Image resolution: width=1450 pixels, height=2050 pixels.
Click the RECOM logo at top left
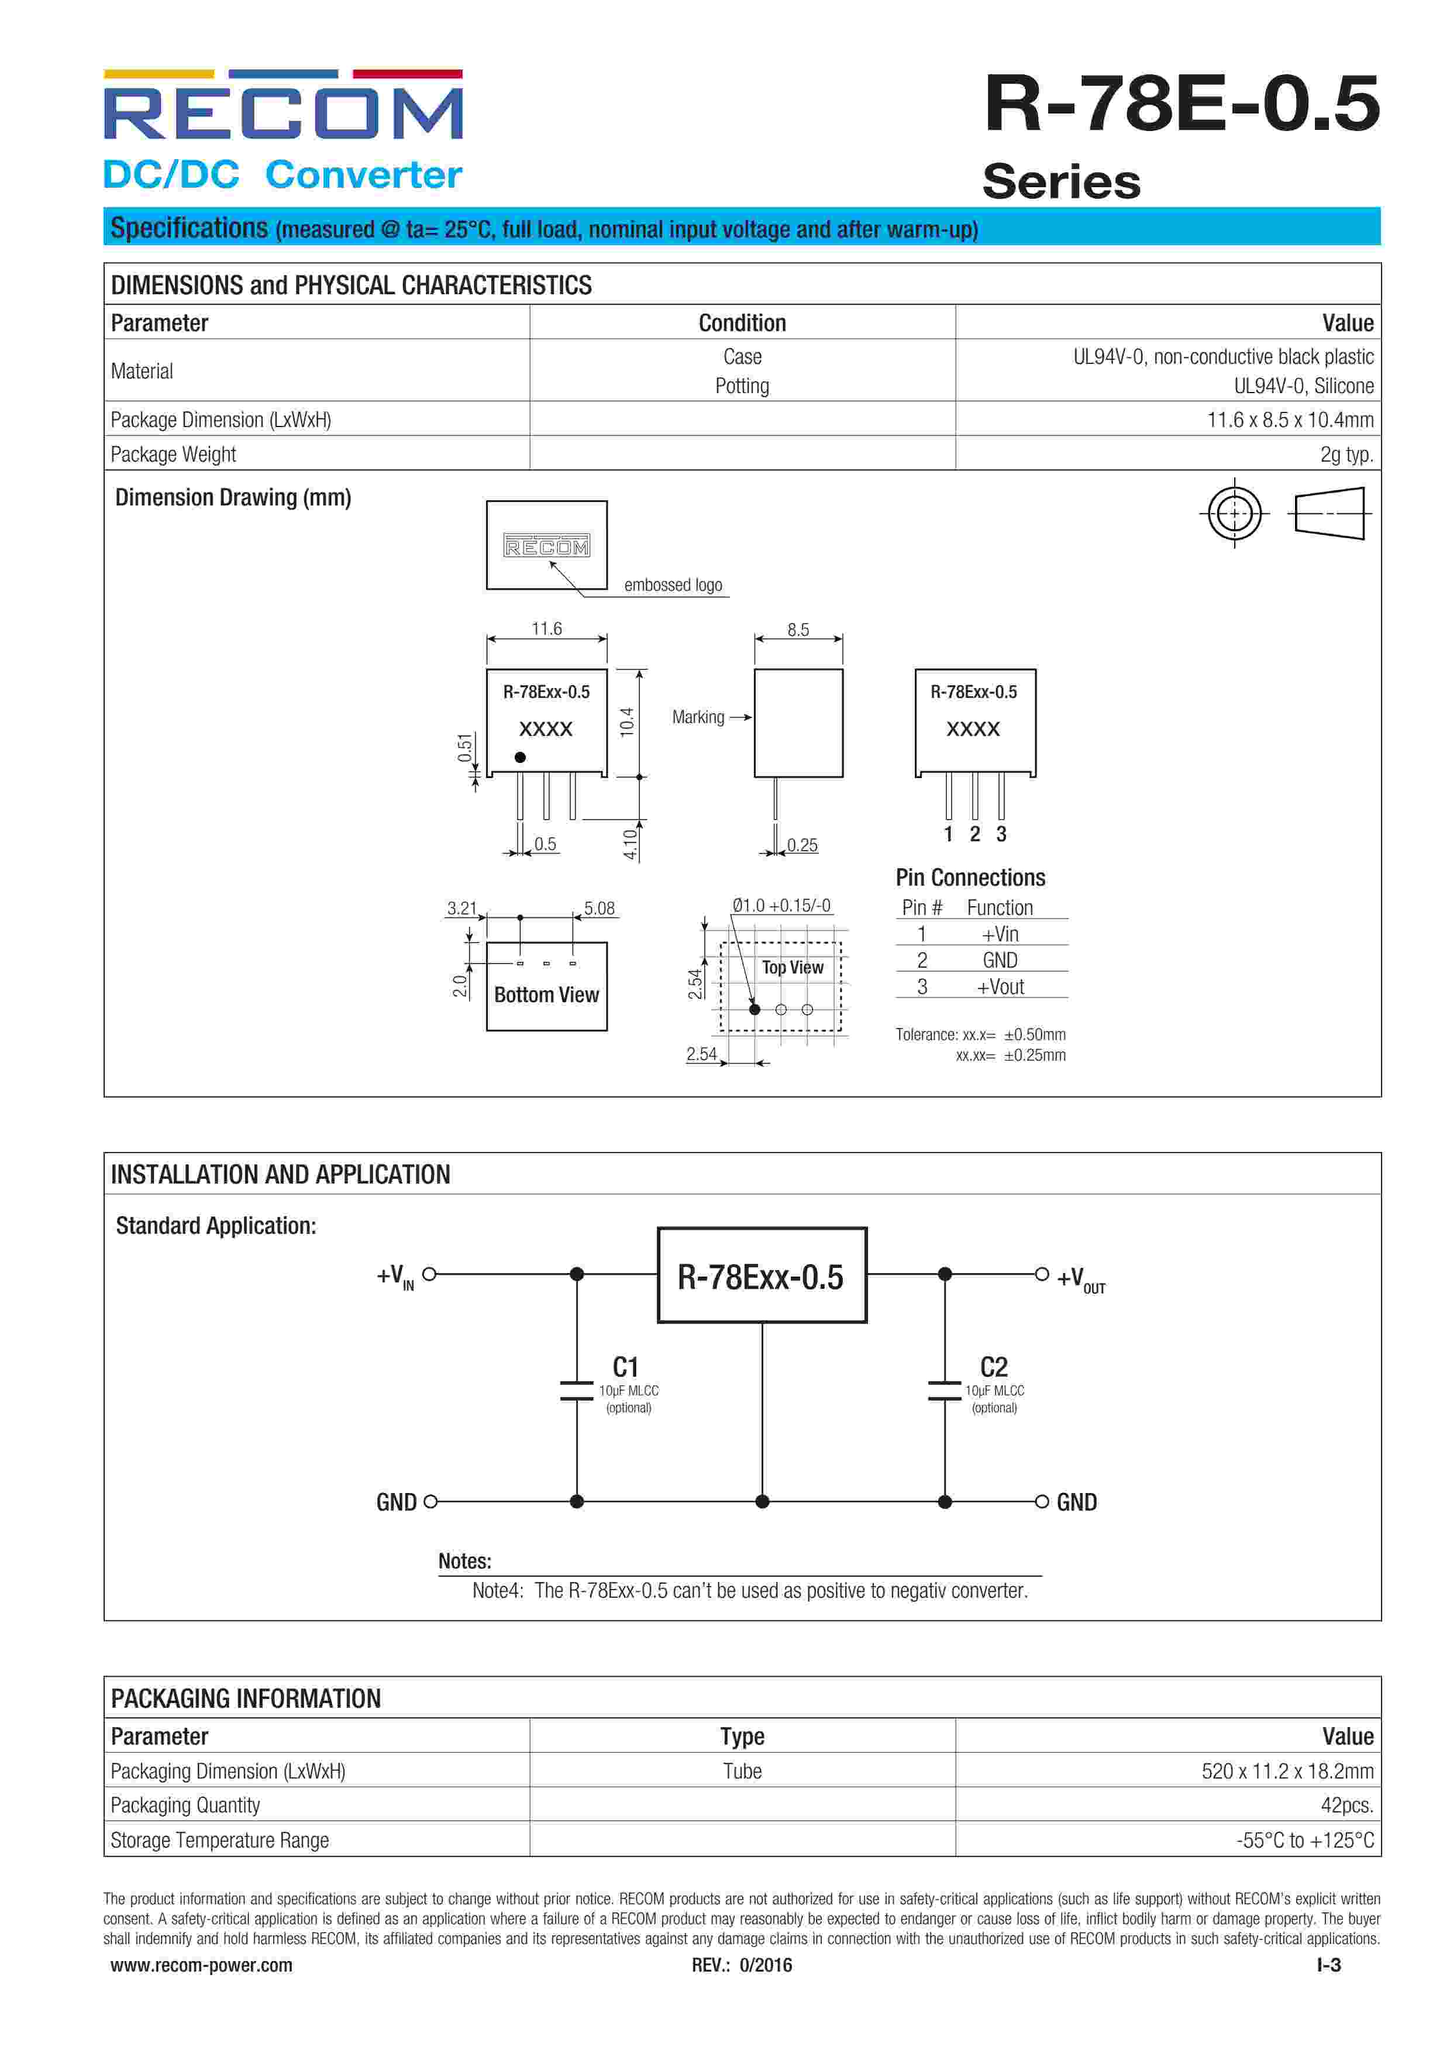pos(283,105)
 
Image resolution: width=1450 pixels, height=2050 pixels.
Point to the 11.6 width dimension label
pos(546,628)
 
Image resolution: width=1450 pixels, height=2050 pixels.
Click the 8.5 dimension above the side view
pos(798,630)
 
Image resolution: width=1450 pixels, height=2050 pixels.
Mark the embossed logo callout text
pos(673,585)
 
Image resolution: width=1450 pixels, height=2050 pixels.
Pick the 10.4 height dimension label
pos(627,721)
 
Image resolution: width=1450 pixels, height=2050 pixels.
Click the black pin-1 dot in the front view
pos(519,757)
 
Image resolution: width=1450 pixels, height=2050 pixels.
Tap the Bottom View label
pos(546,995)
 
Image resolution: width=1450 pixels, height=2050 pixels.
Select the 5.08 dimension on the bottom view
pos(599,908)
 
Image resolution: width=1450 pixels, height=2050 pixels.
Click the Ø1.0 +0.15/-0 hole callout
pos(781,905)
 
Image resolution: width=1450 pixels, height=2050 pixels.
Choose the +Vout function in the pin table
pos(1000,986)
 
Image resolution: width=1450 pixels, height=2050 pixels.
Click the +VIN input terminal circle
pos(429,1274)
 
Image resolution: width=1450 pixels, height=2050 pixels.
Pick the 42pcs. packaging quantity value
pos(1346,1805)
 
